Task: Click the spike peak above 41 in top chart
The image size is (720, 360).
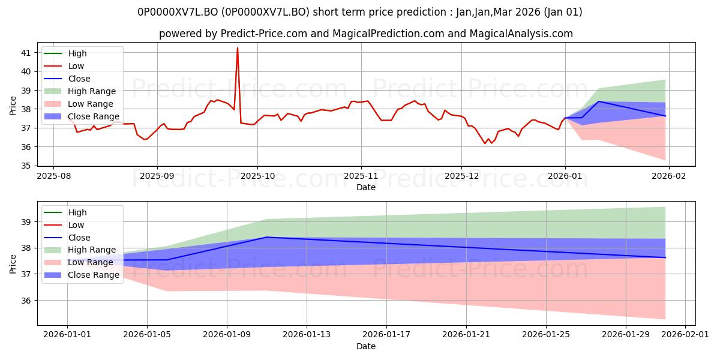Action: (238, 48)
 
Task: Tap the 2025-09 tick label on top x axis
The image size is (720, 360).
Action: (157, 176)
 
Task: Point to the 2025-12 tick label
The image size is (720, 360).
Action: (461, 176)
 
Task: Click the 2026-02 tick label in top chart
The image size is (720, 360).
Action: (669, 176)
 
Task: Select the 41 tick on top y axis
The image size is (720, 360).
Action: (26, 53)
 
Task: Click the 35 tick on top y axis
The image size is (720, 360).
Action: (26, 166)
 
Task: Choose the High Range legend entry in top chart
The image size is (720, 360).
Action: (92, 91)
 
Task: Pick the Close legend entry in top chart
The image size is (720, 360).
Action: (79, 79)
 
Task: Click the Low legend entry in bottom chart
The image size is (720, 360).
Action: (76, 225)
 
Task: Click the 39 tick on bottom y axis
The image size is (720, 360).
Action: (26, 222)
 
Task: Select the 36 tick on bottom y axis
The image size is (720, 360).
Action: (26, 301)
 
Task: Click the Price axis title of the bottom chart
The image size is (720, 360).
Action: (13, 263)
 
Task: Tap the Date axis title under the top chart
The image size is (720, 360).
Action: (366, 187)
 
